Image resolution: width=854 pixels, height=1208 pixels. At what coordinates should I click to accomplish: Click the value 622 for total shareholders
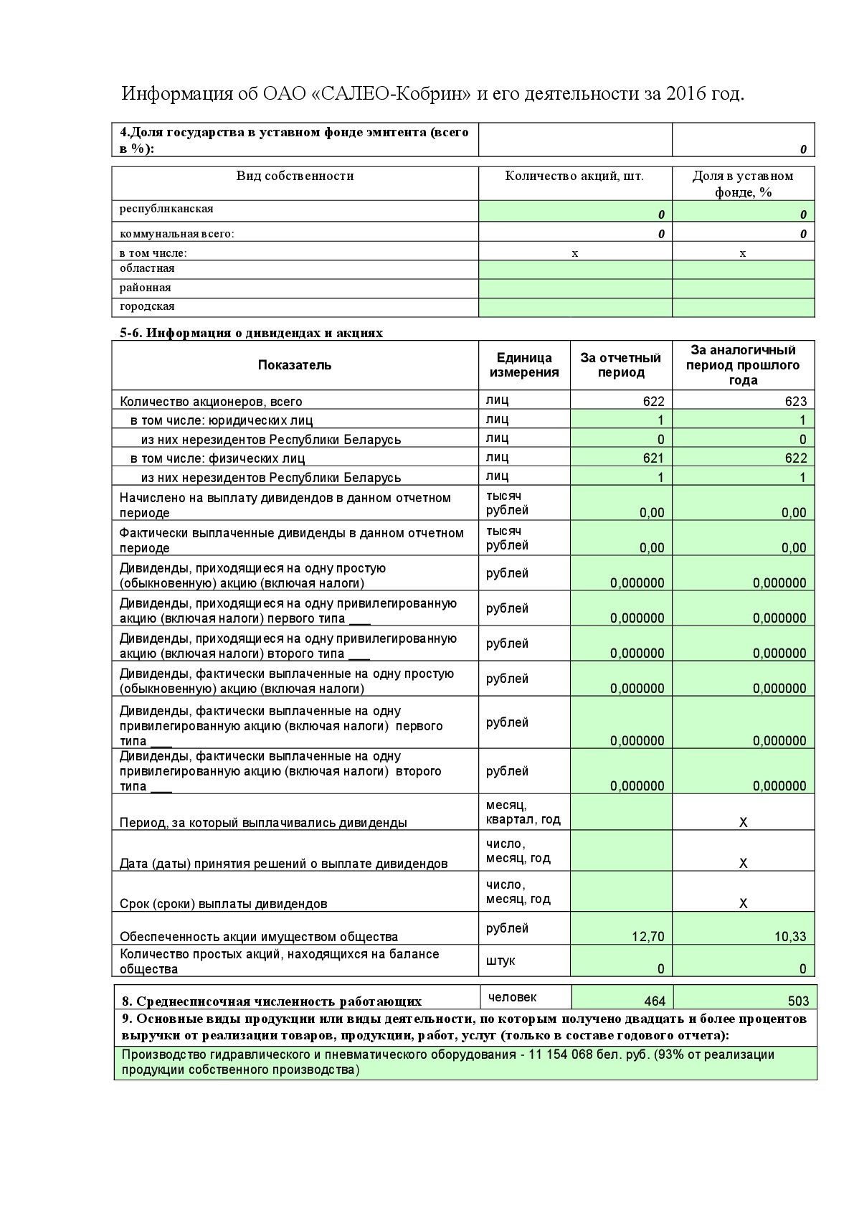[653, 402]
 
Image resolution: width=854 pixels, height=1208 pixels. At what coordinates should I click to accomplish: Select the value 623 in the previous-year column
[795, 402]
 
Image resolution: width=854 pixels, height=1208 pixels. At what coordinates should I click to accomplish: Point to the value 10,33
[792, 936]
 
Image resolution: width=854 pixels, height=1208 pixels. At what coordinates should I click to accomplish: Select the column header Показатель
[295, 365]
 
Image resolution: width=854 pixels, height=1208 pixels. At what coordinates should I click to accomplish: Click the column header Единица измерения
[524, 365]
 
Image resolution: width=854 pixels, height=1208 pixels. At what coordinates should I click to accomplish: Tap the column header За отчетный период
[620, 365]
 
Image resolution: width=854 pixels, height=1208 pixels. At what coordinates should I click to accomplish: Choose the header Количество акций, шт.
[574, 176]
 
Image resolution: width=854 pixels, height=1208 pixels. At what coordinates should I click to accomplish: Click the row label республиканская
[166, 209]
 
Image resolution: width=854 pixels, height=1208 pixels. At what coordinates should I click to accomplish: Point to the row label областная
[147, 268]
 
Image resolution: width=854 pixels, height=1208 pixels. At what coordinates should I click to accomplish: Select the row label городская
[147, 306]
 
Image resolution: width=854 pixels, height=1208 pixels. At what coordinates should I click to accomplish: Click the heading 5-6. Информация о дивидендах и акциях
[251, 333]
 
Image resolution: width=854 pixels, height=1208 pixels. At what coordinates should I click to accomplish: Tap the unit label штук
[500, 961]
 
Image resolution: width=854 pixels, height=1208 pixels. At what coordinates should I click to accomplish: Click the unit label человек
[512, 997]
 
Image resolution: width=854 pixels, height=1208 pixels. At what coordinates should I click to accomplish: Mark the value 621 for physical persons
[653, 458]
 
